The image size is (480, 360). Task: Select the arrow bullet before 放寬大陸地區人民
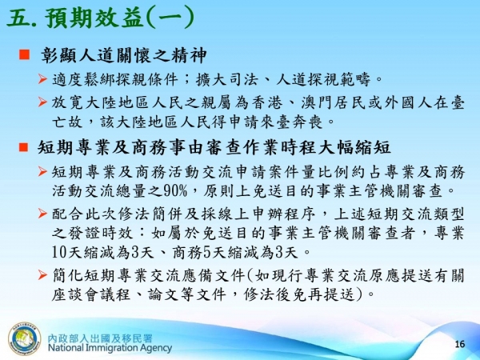point(45,102)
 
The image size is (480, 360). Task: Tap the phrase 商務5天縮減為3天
point(222,254)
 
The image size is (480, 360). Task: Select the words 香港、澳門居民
point(353,102)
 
